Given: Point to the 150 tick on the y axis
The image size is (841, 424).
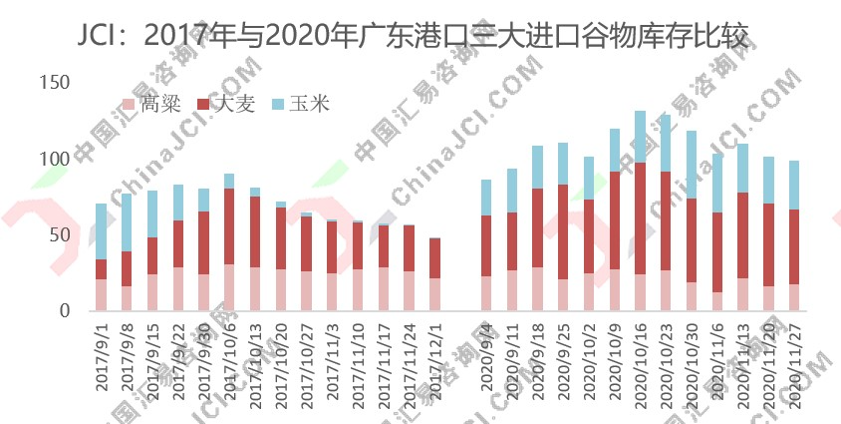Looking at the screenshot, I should pos(56,82).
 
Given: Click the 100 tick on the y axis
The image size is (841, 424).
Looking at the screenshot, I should pos(56,159).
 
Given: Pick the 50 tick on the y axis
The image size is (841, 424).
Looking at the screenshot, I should pos(61,234).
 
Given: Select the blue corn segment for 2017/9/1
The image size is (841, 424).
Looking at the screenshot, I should pos(101,230).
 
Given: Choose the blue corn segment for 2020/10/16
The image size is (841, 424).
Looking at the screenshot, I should pos(641,136).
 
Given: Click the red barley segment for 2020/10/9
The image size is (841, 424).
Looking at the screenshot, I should pos(615,219).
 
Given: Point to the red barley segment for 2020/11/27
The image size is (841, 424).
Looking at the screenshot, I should pos(794,246).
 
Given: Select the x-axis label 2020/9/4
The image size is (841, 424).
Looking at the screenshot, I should pos(486,359).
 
